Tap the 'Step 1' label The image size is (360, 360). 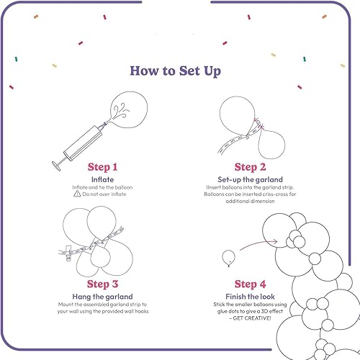point(102,167)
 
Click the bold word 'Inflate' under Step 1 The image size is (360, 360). point(102,179)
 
